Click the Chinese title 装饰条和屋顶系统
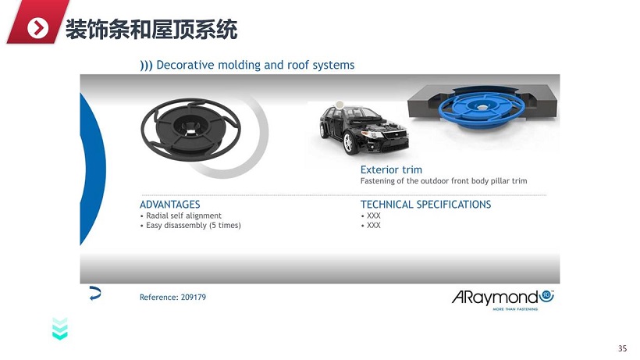tap(151, 30)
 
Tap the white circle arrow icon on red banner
tap(38, 28)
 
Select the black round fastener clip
tap(190, 130)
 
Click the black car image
tap(364, 129)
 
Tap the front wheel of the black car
tap(348, 143)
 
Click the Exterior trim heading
tap(391, 169)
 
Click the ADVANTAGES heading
tap(170, 205)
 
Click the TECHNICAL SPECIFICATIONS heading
tap(425, 205)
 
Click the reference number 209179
tap(194, 298)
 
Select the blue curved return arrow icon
tap(95, 294)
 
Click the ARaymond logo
tap(503, 298)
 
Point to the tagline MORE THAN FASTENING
tap(515, 309)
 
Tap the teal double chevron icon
tap(60, 329)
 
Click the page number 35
tap(623, 348)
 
